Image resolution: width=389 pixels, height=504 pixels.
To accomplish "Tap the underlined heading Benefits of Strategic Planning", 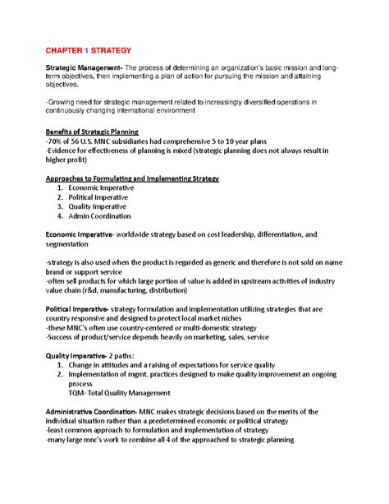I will [92, 132].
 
